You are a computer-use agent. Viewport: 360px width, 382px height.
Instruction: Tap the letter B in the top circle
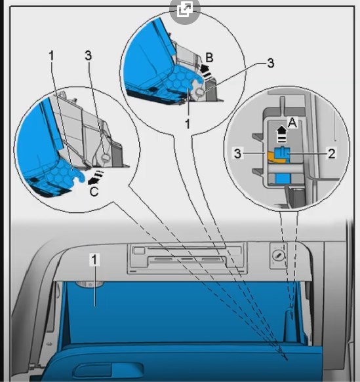click(209, 58)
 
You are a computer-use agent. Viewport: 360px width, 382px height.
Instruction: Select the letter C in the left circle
click(94, 191)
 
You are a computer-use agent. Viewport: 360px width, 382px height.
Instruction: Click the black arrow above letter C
click(95, 178)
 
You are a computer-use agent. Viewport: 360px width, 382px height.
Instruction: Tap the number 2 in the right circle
click(332, 154)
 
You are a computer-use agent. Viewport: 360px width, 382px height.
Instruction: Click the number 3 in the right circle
click(237, 154)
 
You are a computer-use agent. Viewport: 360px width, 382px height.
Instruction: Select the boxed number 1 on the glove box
click(94, 259)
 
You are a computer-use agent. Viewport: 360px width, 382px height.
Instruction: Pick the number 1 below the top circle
click(188, 124)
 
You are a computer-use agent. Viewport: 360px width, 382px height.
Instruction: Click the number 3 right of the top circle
click(271, 63)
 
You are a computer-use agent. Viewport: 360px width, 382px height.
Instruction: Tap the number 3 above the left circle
click(89, 56)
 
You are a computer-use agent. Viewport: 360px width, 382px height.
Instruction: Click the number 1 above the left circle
click(51, 56)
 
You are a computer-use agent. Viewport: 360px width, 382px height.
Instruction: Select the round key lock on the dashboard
click(277, 256)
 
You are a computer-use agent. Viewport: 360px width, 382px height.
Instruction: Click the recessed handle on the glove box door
click(109, 370)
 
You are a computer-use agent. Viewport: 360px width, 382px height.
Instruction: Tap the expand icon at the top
click(184, 9)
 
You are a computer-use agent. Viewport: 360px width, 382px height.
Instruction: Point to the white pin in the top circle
click(200, 92)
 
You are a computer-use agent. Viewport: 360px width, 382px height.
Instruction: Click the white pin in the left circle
click(106, 157)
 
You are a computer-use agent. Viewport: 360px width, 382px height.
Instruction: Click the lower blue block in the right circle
click(283, 179)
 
